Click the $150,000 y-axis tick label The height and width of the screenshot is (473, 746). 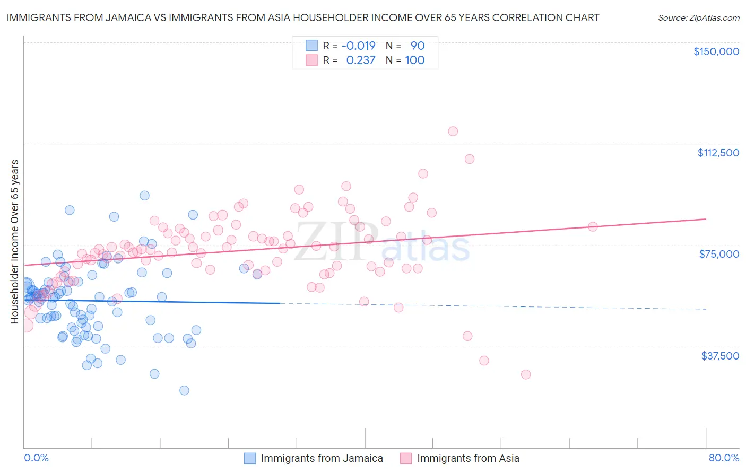716,51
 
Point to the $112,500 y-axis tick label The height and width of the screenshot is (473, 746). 718,153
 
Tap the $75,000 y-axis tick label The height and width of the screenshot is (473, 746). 719,254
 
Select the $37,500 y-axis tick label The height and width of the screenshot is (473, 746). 720,356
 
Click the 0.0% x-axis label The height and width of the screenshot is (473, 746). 36,458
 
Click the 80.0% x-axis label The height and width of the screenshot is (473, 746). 724,458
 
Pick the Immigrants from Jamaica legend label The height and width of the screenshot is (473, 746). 322,458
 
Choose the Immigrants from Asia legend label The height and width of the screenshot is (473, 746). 468,458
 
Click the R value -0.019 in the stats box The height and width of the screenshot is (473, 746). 358,46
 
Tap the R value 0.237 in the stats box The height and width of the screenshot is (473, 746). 360,60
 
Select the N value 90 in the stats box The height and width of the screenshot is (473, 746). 417,46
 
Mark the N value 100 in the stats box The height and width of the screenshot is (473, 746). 414,60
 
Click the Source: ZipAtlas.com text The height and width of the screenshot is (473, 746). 698,17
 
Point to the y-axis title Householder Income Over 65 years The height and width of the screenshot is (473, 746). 15,241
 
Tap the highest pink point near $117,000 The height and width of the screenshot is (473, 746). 453,131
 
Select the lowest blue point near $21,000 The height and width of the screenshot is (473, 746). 184,390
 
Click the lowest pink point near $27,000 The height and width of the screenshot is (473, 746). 526,374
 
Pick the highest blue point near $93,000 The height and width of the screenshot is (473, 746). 144,195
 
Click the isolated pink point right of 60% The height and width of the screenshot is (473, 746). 593,226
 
